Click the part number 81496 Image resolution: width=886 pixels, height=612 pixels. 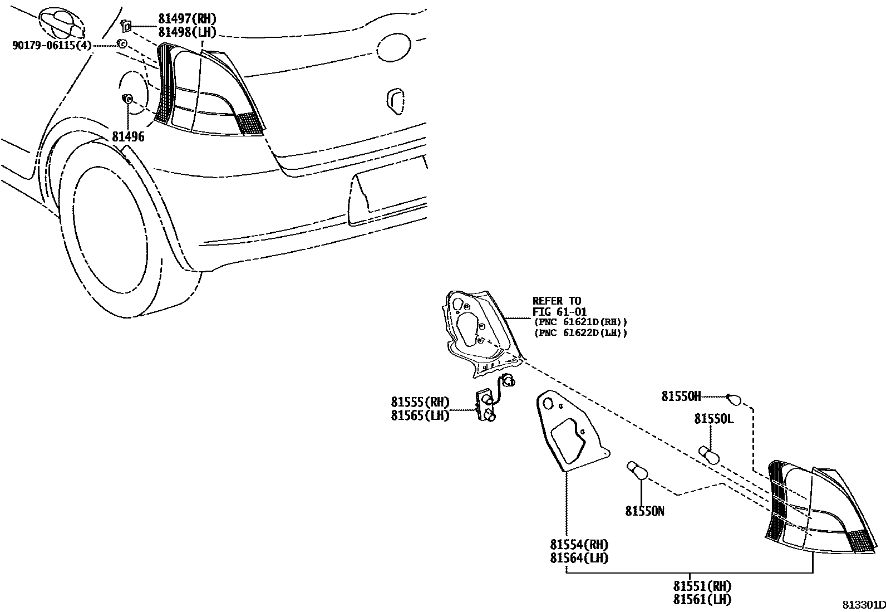[x=128, y=136]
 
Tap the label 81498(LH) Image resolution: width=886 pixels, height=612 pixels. [x=187, y=32]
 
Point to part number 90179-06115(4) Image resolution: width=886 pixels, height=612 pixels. [x=51, y=45]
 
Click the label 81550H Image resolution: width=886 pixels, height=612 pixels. [x=681, y=396]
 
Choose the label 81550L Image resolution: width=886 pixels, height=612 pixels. [x=713, y=419]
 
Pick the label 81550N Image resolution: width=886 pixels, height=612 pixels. [x=644, y=511]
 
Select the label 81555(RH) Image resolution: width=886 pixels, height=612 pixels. [x=420, y=402]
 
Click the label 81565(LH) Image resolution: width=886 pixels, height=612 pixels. [x=420, y=415]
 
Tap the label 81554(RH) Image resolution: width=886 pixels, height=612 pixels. [x=579, y=545]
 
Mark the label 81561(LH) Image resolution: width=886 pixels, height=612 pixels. [x=702, y=599]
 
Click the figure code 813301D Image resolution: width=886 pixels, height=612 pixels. [x=862, y=605]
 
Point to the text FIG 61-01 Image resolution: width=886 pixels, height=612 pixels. [x=559, y=312]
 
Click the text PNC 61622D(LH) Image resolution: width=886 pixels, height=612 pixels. [x=580, y=333]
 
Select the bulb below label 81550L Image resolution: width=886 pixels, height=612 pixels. [x=709, y=454]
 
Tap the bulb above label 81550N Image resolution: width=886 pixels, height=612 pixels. [x=638, y=471]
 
